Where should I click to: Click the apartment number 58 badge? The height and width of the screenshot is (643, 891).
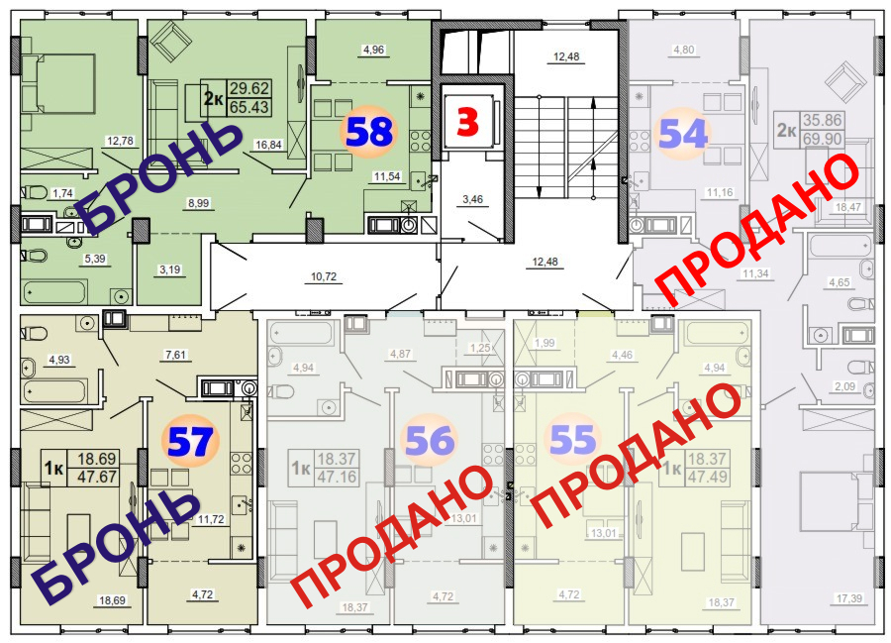[367, 132]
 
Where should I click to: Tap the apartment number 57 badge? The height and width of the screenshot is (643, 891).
[190, 441]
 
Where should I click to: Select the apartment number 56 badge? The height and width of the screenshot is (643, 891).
[429, 441]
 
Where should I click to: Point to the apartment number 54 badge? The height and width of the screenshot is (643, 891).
[683, 133]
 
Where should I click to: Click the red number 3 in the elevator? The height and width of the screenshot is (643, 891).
[467, 122]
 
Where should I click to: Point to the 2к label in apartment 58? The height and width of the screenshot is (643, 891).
[213, 97]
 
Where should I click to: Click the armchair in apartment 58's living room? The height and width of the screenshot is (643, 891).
[170, 43]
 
